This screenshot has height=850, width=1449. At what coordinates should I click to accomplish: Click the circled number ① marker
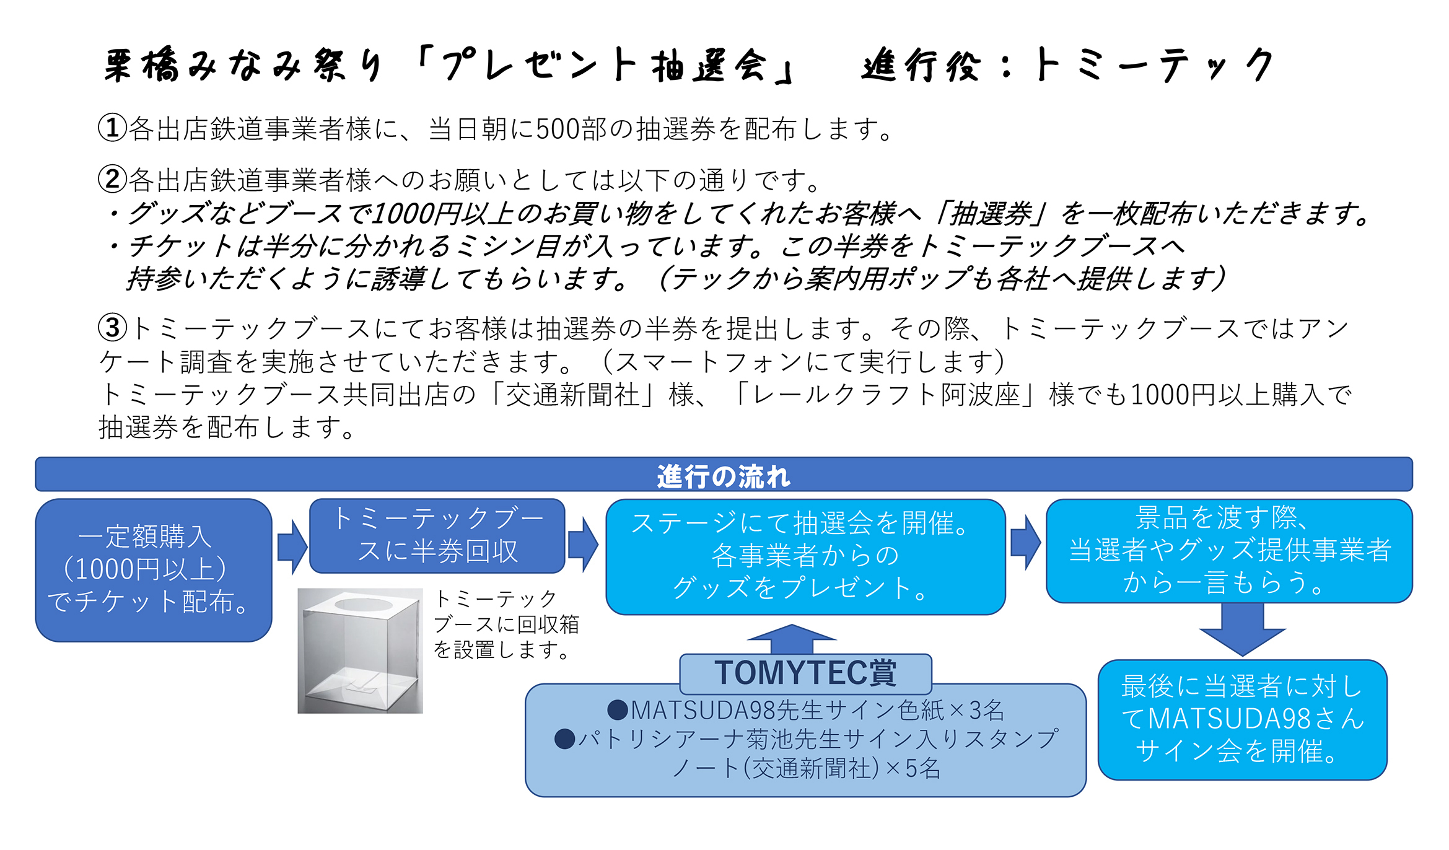112,128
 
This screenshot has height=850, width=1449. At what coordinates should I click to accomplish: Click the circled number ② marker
112,180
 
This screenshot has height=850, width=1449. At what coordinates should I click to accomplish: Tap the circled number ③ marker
112,328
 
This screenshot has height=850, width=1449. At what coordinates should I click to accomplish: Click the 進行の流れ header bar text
723,476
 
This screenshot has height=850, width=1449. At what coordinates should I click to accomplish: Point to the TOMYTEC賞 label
805,673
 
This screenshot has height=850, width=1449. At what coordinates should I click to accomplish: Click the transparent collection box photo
360,651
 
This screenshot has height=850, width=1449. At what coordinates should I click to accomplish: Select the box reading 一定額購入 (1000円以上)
154,569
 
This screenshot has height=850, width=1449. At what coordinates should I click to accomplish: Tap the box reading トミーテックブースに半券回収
437,535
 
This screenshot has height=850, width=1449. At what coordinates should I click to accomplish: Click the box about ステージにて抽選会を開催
805,556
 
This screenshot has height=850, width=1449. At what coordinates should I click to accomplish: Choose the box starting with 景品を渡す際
1229,550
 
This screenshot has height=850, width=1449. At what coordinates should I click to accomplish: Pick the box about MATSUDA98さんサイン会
1242,719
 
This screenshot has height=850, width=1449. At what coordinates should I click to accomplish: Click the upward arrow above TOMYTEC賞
791,638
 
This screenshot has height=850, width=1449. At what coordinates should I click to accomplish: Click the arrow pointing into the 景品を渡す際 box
1026,542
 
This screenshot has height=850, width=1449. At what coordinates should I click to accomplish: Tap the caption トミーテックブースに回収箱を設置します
506,624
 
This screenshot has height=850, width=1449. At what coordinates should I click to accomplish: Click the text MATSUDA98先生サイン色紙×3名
805,710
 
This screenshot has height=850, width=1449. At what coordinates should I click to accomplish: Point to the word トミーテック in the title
1153,65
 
